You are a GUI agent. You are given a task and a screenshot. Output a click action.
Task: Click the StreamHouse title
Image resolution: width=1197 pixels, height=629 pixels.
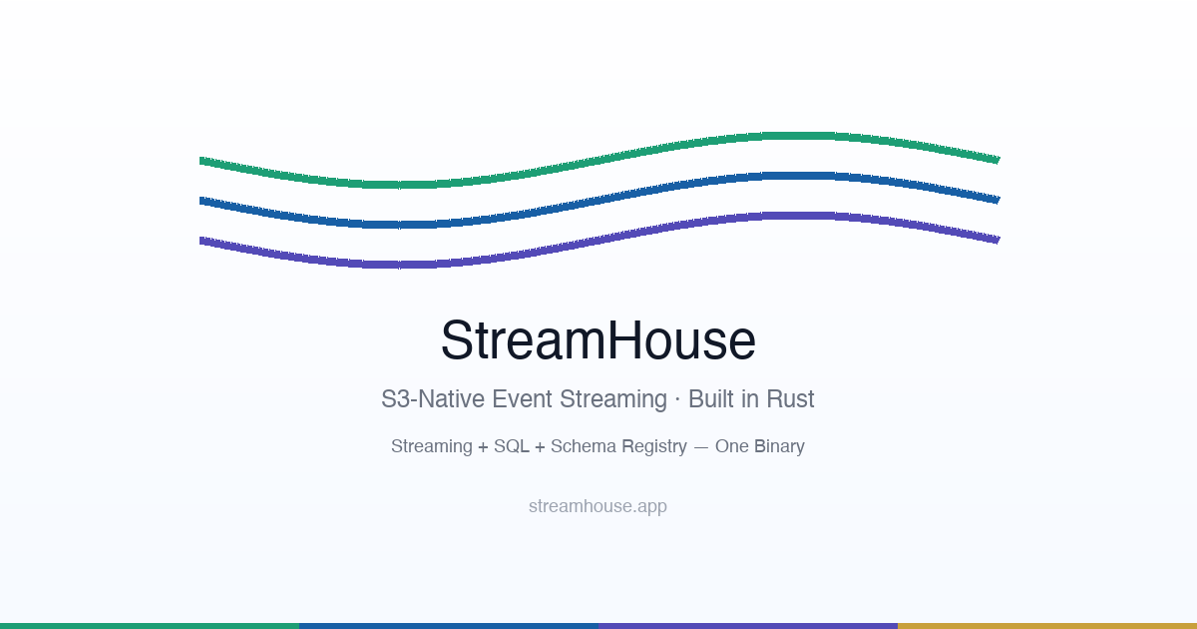(598, 340)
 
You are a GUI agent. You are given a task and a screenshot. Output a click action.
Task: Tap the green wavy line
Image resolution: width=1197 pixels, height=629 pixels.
(598, 160)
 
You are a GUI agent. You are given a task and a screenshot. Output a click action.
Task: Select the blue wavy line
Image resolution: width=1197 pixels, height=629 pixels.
(598, 200)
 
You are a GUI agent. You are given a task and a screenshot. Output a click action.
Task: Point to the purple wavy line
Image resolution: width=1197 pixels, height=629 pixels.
(598, 240)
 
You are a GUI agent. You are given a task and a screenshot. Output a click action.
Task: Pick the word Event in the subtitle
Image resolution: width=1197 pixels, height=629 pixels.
(522, 399)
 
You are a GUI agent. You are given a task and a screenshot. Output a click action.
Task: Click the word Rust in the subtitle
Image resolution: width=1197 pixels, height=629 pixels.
(790, 399)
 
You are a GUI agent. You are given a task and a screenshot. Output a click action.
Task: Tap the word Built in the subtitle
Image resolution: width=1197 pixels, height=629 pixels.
(711, 399)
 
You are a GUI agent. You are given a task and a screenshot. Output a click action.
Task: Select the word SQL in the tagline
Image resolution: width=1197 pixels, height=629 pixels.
(512, 446)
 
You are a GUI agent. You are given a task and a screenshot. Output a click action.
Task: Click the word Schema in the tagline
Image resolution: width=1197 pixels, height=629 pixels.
(584, 446)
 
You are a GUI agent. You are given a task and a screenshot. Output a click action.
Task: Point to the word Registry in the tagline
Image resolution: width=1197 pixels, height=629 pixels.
(654, 446)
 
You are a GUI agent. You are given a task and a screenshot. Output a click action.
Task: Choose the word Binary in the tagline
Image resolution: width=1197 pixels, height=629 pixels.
(779, 446)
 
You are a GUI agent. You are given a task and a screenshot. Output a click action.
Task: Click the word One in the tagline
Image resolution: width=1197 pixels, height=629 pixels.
(731, 446)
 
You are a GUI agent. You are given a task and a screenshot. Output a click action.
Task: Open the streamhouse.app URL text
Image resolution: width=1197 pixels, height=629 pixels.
(598, 506)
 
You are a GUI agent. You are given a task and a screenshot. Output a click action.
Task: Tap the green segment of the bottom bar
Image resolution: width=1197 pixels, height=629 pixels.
(150, 625)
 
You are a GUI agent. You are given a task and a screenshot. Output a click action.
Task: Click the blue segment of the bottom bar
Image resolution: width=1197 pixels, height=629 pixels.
(449, 625)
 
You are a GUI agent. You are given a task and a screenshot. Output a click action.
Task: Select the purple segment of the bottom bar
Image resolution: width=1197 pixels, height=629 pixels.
(748, 625)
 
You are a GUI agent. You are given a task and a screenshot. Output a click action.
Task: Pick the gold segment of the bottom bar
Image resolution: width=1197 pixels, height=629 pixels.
(1047, 625)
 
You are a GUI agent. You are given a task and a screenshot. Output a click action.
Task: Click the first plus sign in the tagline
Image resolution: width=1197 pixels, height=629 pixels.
(483, 447)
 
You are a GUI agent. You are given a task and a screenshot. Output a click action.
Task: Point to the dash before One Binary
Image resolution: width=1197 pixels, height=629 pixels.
(701, 447)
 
